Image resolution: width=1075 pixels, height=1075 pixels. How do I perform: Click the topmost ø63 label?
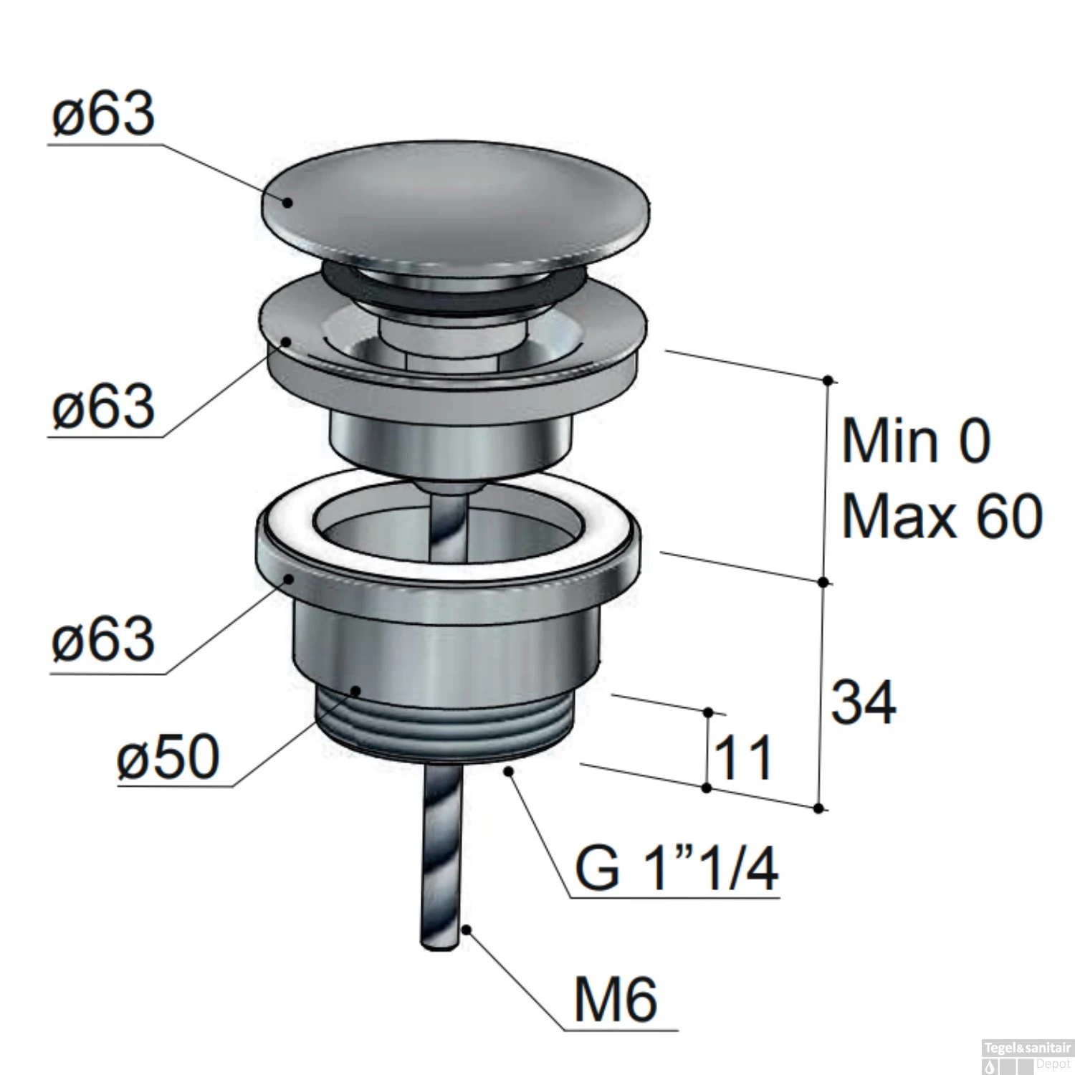102,115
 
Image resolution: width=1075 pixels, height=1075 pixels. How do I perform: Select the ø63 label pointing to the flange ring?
102,406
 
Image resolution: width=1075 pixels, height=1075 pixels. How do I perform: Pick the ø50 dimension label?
167,758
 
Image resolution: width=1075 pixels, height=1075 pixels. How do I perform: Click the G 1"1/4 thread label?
677,869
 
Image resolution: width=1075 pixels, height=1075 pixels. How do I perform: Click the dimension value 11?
743,758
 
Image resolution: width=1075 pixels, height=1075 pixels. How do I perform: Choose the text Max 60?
942,516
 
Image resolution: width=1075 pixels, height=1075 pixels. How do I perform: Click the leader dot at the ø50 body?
356,689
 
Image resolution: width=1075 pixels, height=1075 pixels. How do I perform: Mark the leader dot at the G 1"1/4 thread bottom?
509,771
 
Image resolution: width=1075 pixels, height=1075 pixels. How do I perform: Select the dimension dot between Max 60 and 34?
824,581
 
